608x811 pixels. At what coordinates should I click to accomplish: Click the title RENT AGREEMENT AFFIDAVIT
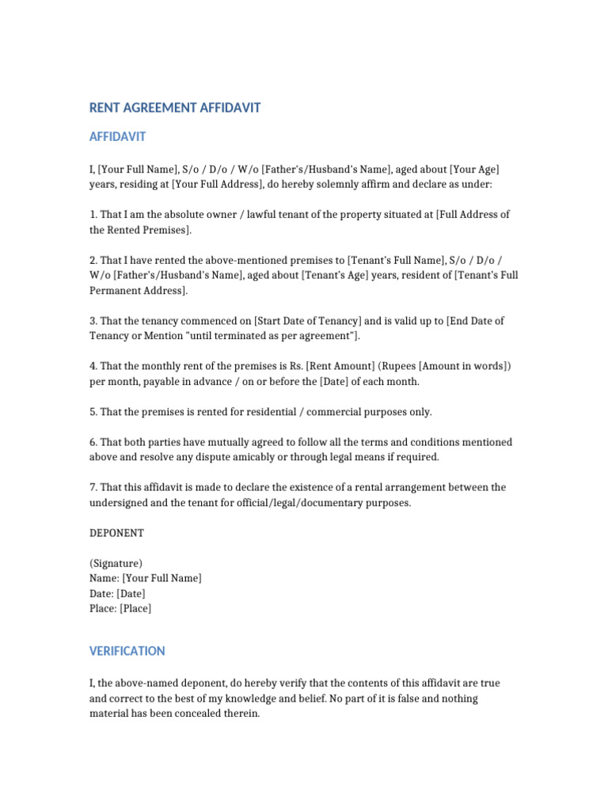(175, 108)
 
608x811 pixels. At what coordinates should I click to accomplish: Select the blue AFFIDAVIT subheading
(117, 137)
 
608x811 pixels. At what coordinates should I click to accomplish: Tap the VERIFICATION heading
(127, 651)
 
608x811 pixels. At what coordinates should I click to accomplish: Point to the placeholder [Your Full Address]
(217, 184)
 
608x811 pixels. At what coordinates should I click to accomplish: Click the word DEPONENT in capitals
(116, 533)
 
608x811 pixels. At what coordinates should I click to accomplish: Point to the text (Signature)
(116, 563)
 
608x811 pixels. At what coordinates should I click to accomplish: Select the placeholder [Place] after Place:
(135, 608)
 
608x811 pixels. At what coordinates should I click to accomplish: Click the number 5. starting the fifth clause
(93, 412)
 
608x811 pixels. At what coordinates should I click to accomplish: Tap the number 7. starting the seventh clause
(93, 487)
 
